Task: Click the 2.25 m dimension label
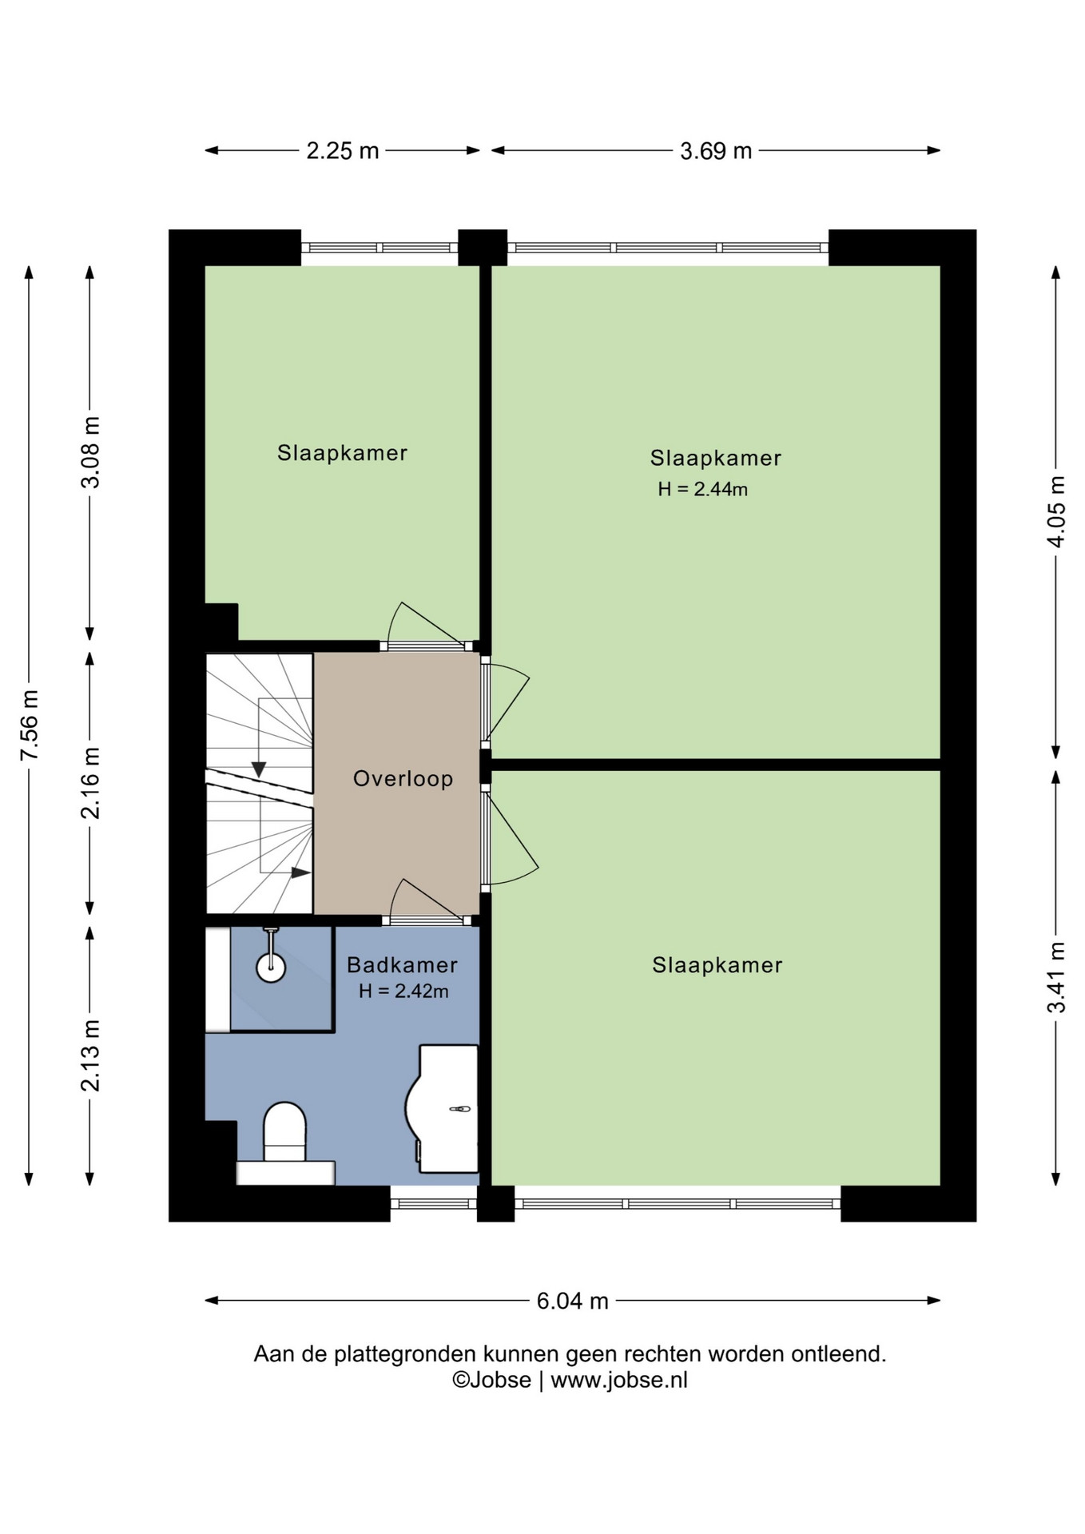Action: pyautogui.click(x=342, y=150)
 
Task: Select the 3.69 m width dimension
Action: pyautogui.click(x=716, y=150)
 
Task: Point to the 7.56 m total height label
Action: pyautogui.click(x=30, y=725)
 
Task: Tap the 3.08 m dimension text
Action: pyautogui.click(x=91, y=451)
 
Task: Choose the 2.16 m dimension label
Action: pyautogui.click(x=91, y=782)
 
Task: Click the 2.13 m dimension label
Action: pyautogui.click(x=91, y=1055)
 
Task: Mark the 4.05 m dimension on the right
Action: pyautogui.click(x=1056, y=511)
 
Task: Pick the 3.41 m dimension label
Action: pyautogui.click(x=1056, y=977)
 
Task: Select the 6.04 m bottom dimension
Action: pyautogui.click(x=572, y=1301)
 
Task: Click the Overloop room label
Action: pyautogui.click(x=403, y=778)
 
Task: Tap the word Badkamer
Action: pyautogui.click(x=402, y=965)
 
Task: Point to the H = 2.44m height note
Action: pyautogui.click(x=702, y=489)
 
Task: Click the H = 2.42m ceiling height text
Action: pyautogui.click(x=403, y=992)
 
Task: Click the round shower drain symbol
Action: pyautogui.click(x=271, y=967)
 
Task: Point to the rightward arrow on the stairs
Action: pyautogui.click(x=300, y=872)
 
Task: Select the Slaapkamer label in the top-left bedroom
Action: pyautogui.click(x=342, y=453)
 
